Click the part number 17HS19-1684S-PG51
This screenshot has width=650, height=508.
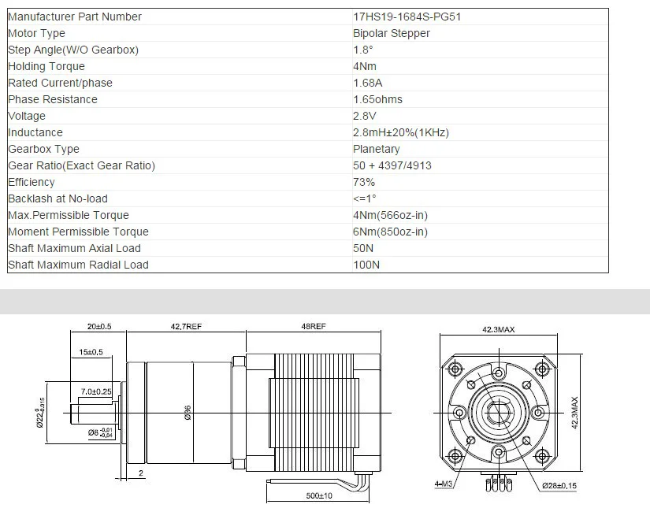[407, 17]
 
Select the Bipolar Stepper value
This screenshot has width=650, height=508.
[392, 34]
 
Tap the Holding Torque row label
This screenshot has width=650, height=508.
[46, 67]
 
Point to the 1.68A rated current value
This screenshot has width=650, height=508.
[368, 83]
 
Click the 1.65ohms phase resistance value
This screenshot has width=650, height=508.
[377, 99]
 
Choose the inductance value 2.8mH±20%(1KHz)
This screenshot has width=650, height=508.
[401, 132]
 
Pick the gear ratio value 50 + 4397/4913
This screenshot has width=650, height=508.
[392, 165]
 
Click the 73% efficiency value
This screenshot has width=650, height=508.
[364, 182]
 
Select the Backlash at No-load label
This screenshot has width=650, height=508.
[58, 199]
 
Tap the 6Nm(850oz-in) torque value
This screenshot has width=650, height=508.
[390, 232]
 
